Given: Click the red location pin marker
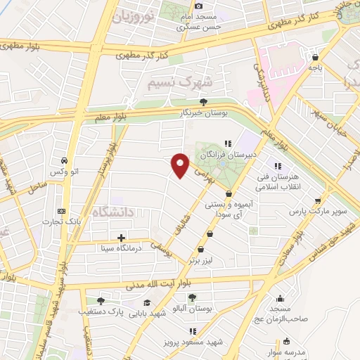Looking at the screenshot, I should click(181, 165).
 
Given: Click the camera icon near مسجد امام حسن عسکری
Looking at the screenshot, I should click(198, 6).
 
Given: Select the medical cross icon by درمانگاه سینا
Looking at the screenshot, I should click(122, 238).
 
